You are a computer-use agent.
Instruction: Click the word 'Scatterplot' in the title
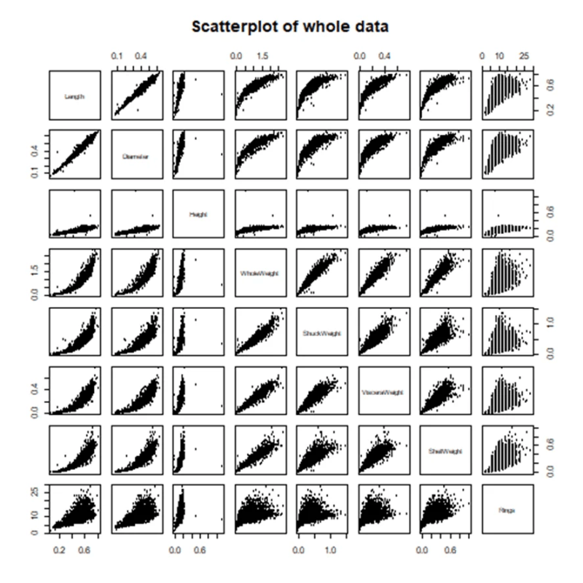click(238, 27)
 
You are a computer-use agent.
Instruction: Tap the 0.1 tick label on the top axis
click(116, 55)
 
